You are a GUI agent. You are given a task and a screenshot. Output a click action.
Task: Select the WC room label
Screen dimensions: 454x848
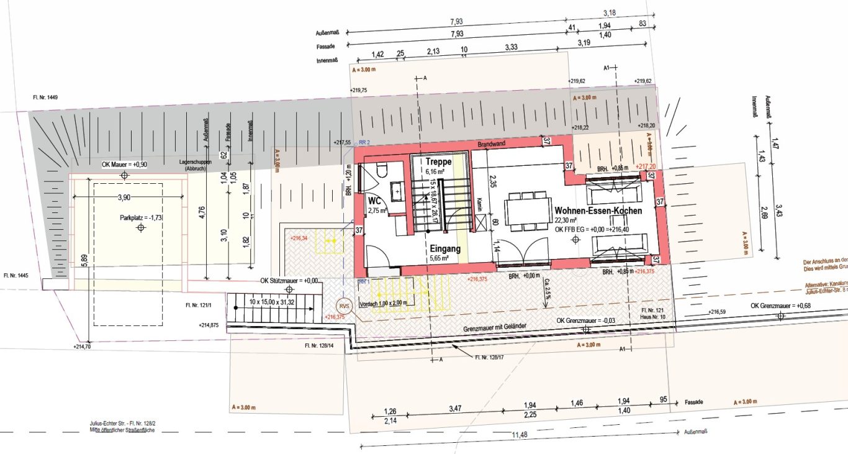(374, 201)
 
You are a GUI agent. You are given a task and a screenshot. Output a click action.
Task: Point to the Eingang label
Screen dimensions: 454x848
(445, 248)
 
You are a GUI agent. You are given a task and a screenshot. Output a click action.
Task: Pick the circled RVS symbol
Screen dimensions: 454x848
(343, 307)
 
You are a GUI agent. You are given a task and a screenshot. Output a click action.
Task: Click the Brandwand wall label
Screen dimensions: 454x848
(491, 143)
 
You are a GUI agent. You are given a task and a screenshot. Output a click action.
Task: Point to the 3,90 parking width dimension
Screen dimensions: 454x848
(124, 197)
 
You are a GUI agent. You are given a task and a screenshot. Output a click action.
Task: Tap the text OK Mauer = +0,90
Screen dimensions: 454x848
(124, 165)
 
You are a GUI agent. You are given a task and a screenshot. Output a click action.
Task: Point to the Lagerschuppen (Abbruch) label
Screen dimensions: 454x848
(196, 165)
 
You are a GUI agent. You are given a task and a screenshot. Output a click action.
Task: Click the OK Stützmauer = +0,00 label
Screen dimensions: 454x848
(289, 281)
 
